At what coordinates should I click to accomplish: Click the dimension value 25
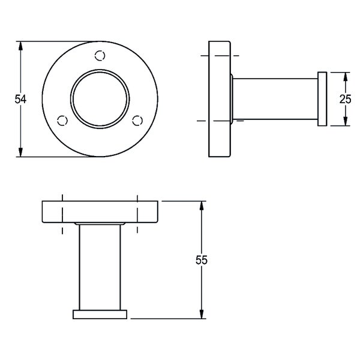point(345,99)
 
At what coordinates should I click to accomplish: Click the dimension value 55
point(202,260)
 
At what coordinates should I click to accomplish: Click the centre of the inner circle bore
point(100,100)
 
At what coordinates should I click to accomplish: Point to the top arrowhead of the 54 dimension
point(21,46)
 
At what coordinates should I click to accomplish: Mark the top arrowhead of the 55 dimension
point(202,205)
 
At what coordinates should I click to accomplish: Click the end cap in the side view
point(322,99)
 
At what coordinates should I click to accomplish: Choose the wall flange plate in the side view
point(220,99)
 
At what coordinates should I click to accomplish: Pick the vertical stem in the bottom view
point(100,267)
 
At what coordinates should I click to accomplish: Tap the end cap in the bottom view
point(100,314)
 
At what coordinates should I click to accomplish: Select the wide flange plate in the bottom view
point(100,212)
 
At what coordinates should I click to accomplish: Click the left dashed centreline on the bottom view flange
point(62,213)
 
